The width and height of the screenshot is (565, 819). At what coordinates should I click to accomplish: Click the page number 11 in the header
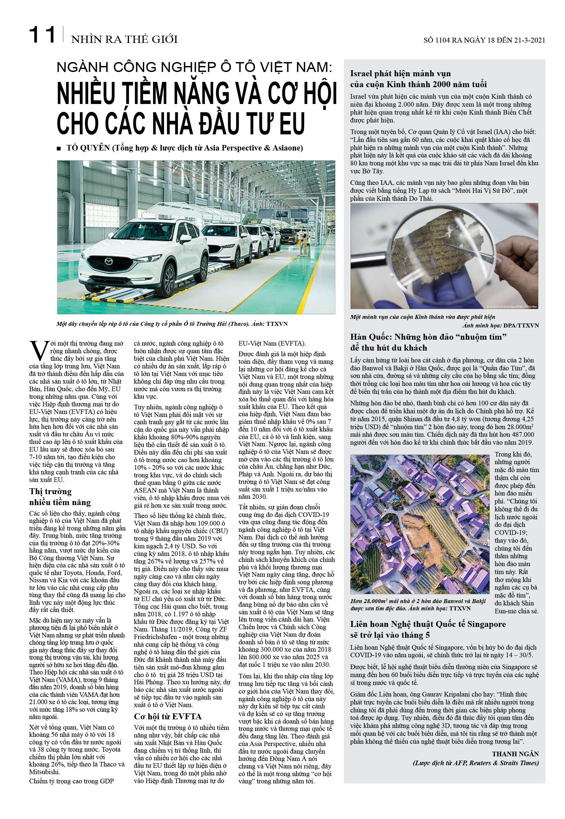click(x=42, y=35)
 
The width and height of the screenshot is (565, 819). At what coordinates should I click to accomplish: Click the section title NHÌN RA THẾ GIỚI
click(x=124, y=39)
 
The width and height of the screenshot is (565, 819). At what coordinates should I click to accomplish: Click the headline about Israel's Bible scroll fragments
click(x=418, y=79)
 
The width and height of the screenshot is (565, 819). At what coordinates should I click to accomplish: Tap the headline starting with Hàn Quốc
click(x=428, y=342)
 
